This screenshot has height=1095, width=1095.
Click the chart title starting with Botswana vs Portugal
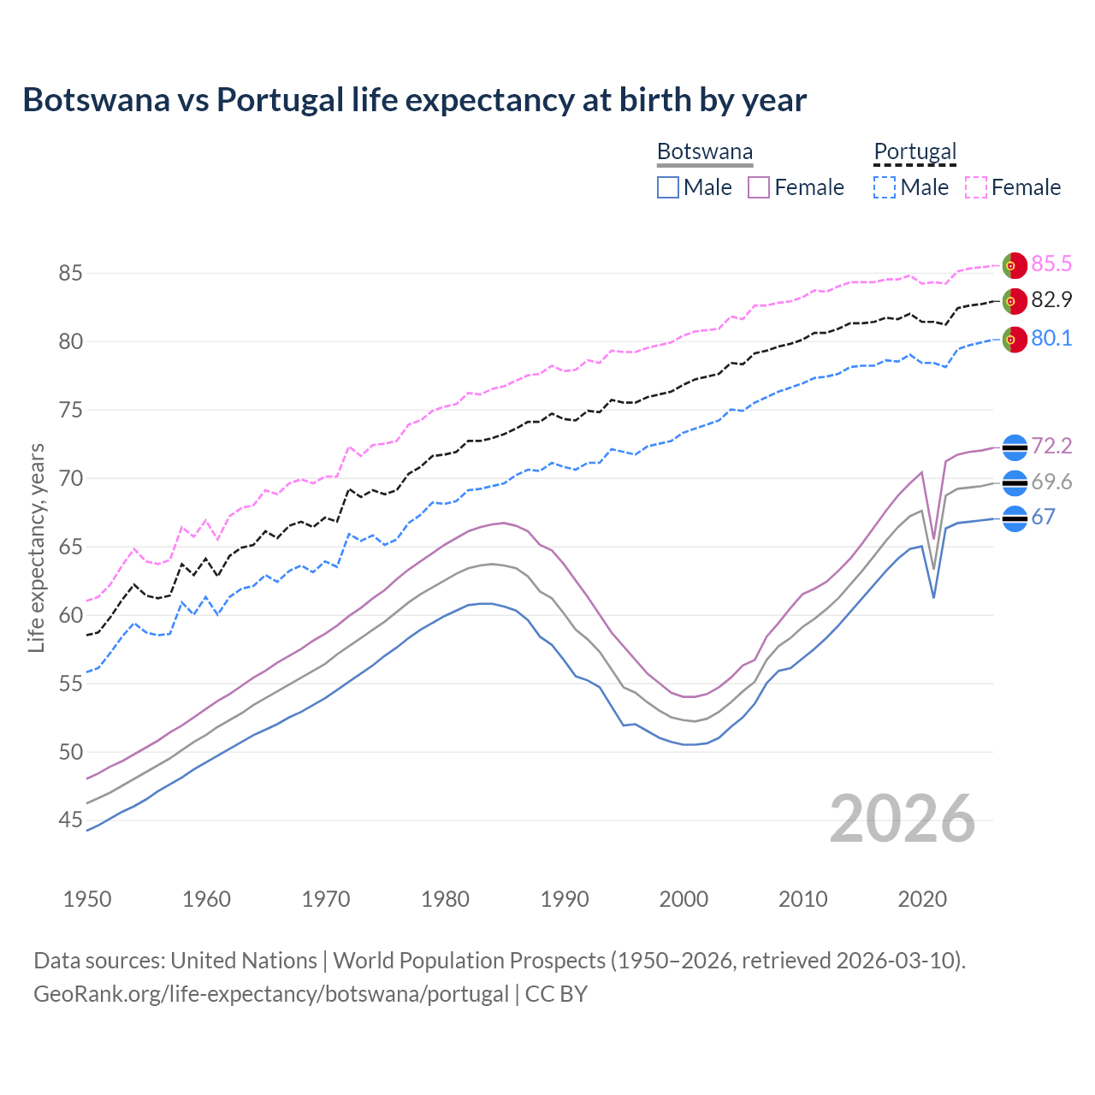414,100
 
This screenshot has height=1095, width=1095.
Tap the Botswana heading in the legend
705,151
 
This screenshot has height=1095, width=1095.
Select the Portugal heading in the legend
914,151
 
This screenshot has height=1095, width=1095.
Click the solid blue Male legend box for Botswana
668,187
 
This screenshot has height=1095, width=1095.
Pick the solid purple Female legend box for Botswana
759,187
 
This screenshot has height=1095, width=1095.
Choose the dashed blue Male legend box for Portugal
885,187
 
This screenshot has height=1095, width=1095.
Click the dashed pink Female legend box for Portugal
975,187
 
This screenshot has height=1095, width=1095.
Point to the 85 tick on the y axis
70,274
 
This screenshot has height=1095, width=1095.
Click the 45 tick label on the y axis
70,820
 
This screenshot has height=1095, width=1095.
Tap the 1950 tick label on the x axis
87,899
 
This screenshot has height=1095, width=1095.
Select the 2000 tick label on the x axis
684,899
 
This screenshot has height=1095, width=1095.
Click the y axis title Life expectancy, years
37,547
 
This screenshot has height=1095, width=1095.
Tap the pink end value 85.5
1051,264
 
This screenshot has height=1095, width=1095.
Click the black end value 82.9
1051,300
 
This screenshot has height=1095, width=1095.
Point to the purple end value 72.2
1051,447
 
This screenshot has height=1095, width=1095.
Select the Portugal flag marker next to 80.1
1015,340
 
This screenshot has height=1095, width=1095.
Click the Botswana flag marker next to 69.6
1015,483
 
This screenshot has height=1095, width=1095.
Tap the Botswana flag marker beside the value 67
1015,518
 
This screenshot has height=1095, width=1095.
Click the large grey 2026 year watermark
902,820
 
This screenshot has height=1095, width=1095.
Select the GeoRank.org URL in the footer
271,994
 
